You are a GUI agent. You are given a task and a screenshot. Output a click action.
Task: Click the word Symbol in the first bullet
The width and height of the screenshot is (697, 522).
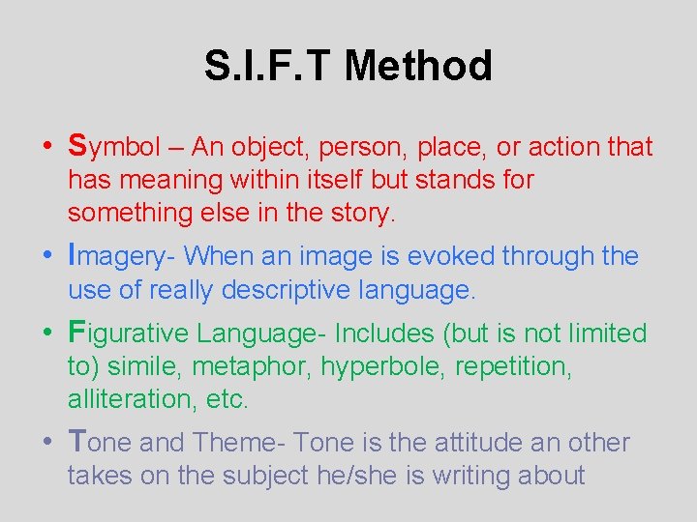click(113, 147)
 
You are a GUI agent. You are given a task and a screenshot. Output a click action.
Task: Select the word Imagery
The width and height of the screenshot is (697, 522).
click(122, 256)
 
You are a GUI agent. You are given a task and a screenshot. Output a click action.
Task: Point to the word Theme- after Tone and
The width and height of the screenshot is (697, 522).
click(238, 443)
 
